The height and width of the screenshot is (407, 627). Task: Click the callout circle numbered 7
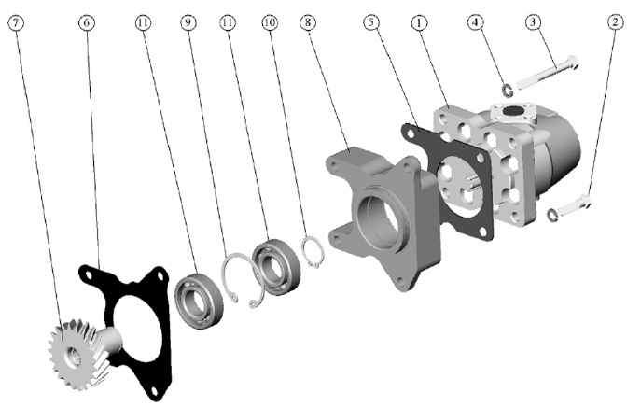pyautogui.click(x=16, y=22)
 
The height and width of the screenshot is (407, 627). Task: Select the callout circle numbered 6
pyautogui.click(x=87, y=22)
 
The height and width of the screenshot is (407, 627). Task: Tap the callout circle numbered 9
pyautogui.click(x=188, y=22)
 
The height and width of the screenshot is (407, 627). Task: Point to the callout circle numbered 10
pyautogui.click(x=270, y=22)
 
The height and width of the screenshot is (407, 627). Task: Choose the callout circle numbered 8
pyautogui.click(x=308, y=22)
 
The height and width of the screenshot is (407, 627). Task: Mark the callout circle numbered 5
pyautogui.click(x=371, y=22)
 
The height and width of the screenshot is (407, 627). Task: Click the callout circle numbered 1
pyautogui.click(x=419, y=22)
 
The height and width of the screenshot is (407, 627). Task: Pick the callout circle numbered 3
pyautogui.click(x=533, y=22)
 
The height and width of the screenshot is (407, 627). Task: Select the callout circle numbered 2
pyautogui.click(x=616, y=22)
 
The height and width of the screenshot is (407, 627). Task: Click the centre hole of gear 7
pyautogui.click(x=73, y=357)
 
